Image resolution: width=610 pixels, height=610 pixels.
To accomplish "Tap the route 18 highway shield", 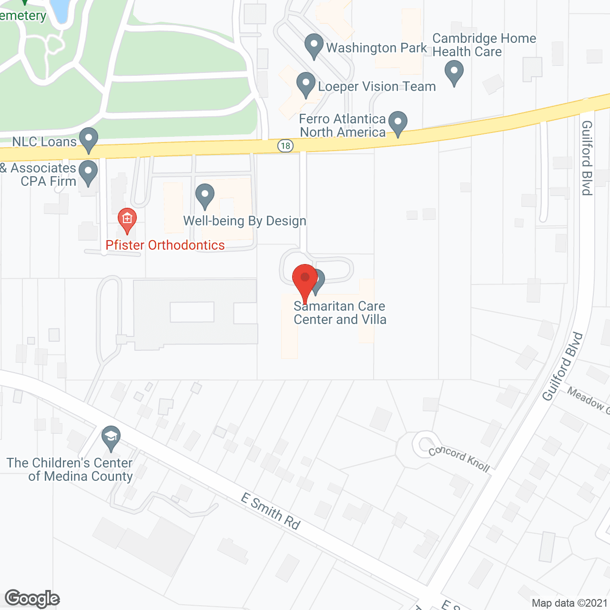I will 285,145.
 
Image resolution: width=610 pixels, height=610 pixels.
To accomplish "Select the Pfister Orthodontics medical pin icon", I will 127,220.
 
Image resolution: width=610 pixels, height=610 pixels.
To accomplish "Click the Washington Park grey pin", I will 314,46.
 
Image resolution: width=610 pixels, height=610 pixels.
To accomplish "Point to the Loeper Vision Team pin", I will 305,84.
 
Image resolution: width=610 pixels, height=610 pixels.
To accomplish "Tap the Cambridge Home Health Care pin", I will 454,74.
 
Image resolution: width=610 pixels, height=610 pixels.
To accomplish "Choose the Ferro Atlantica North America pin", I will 397,123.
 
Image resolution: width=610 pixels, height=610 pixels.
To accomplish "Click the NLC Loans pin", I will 88,140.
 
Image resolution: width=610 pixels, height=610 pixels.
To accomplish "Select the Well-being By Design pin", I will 205,196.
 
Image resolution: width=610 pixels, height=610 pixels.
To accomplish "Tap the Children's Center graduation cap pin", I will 111,437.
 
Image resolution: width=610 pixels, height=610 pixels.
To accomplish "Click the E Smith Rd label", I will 271,511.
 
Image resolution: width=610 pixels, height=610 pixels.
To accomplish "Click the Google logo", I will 32,599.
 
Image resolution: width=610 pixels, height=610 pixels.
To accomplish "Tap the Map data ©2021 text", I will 569,603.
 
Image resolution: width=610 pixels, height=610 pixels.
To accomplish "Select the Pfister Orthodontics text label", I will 165,245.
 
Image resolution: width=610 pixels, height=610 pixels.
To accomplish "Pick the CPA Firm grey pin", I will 88,173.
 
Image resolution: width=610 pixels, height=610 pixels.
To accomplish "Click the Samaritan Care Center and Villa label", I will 340,313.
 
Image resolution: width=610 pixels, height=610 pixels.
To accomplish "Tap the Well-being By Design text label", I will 245,221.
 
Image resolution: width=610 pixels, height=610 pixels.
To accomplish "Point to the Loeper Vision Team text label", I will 376,86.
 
